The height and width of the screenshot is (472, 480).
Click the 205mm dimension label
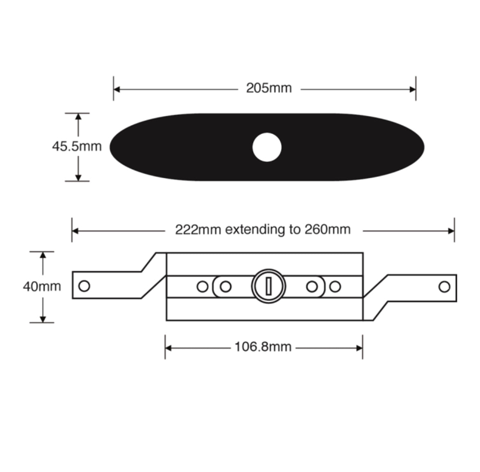pos(269,88)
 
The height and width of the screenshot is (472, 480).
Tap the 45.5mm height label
pos(77,146)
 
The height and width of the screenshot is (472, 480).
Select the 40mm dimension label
pos(42,286)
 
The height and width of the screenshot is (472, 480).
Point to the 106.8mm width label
pos(263,347)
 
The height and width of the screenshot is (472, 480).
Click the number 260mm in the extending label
pos(327,229)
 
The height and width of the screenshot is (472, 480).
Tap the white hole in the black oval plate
pos(267,147)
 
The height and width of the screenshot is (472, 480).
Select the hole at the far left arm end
pos(84,286)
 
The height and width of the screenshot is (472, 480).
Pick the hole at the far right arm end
pos(444,286)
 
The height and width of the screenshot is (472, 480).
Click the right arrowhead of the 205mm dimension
pos(412,89)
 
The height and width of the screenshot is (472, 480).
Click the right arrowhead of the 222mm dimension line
pos(451,231)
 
